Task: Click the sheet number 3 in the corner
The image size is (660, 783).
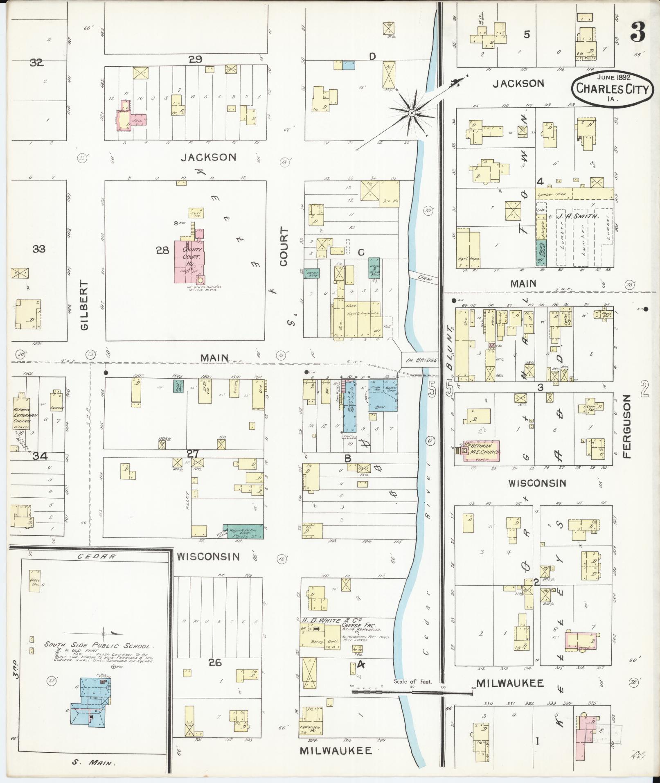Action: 637,32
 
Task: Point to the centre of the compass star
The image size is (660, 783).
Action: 412,112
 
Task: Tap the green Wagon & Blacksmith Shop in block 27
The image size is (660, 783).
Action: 243,531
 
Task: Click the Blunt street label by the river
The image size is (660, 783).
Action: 449,348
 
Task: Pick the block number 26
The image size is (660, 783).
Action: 214,662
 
